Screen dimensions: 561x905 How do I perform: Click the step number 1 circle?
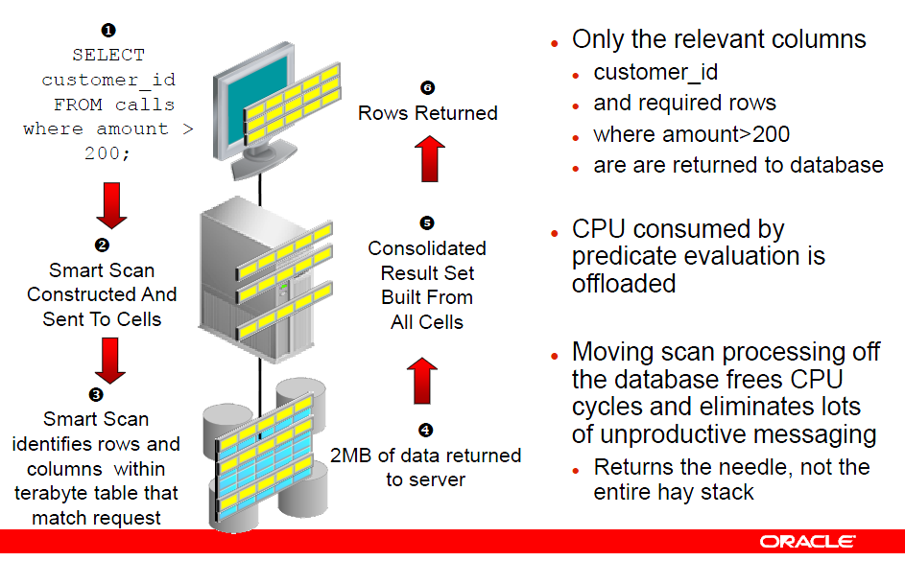(108, 32)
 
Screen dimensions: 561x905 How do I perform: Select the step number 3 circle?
(96, 395)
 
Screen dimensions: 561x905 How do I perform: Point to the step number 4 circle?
(426, 431)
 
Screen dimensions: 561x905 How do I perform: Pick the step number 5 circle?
(427, 223)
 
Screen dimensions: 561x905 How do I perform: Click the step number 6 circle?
(428, 88)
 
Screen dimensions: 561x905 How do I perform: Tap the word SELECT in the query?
(108, 56)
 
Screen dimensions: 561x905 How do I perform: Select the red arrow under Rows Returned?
(428, 157)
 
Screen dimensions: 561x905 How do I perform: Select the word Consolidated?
(427, 248)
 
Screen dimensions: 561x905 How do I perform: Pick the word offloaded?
(624, 284)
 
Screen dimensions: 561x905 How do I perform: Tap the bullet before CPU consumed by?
(554, 233)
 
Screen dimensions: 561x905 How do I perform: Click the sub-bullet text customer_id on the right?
(655, 73)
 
